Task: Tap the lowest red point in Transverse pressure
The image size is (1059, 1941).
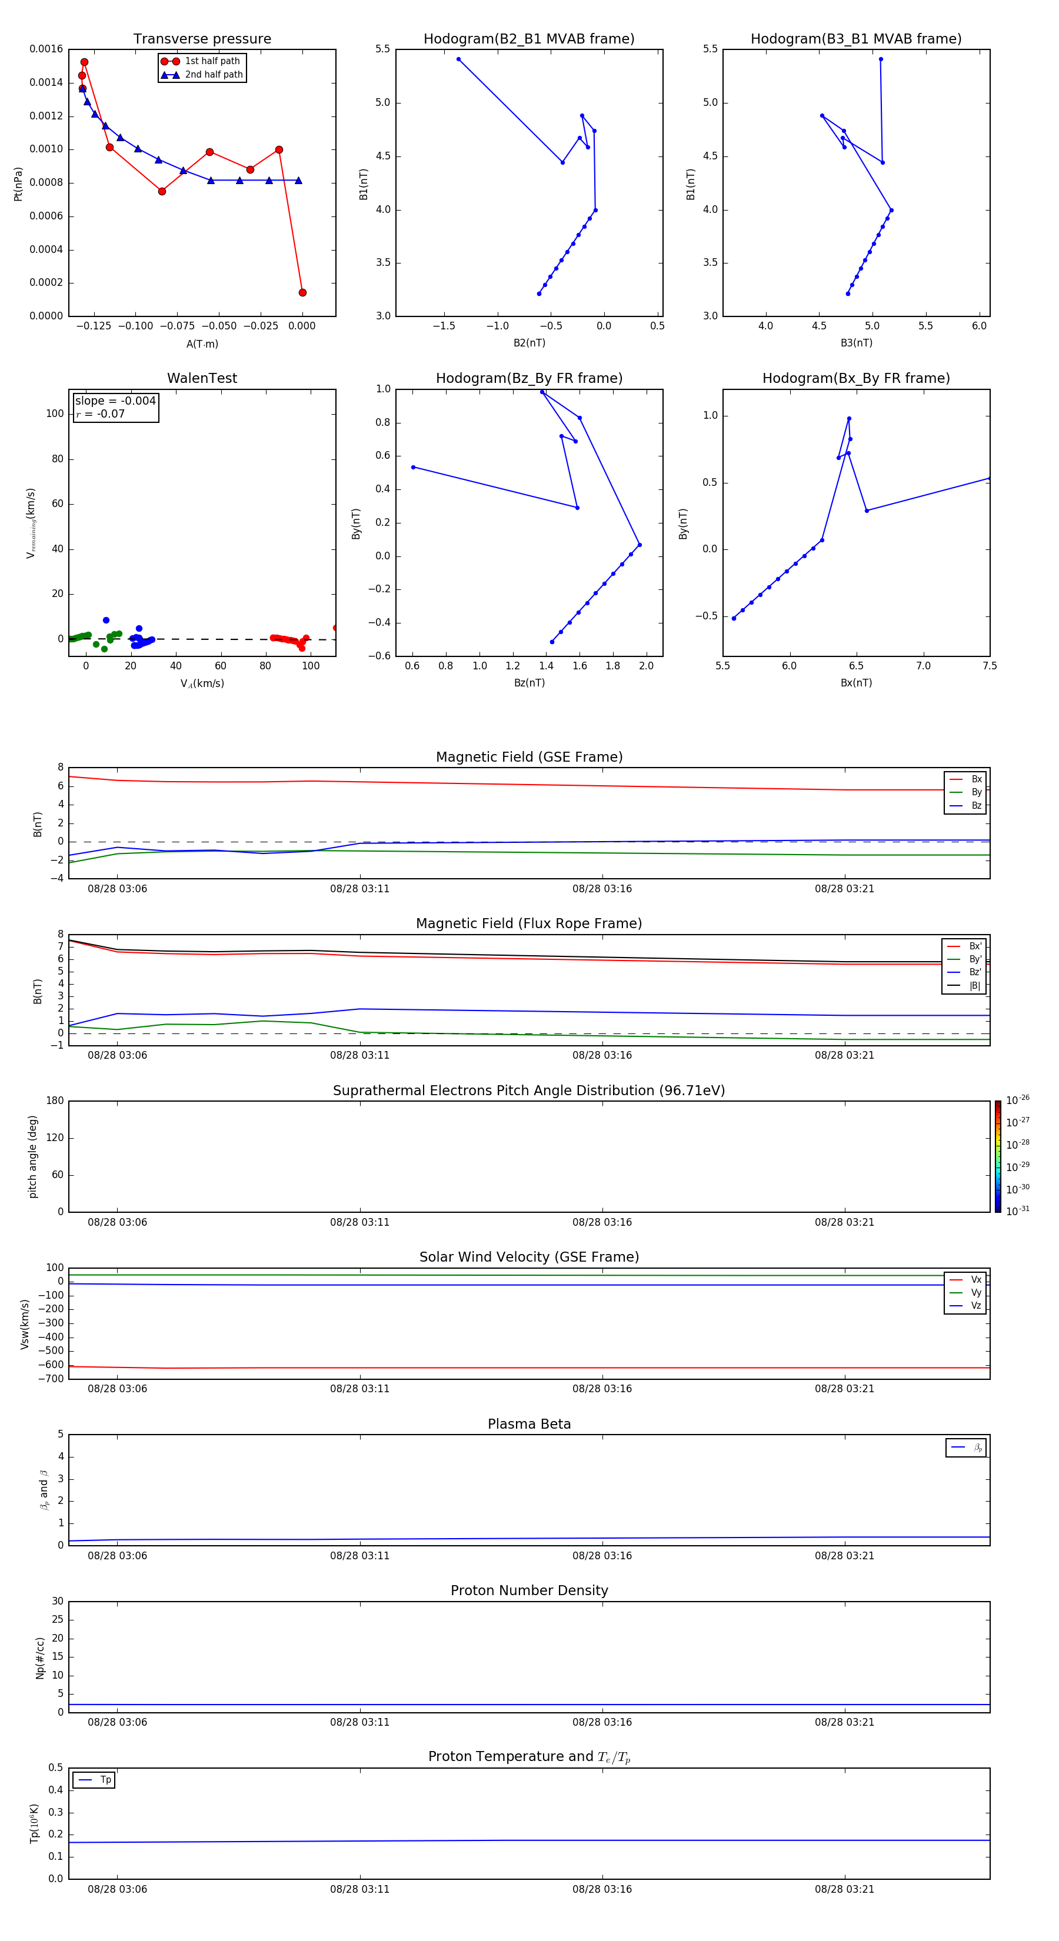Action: tap(302, 292)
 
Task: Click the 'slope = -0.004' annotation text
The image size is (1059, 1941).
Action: tap(115, 401)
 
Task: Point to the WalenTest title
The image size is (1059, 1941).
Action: tap(202, 378)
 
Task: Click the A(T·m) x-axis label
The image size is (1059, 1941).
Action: tap(202, 343)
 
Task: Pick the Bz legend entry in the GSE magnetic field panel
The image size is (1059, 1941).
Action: tap(975, 805)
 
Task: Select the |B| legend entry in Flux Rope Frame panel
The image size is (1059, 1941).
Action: tap(974, 986)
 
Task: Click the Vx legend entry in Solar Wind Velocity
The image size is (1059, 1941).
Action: tap(975, 1279)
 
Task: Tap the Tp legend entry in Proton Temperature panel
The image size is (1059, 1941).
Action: tap(105, 1780)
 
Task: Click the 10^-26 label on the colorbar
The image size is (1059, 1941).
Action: tap(1018, 1100)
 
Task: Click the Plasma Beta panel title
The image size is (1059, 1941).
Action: tap(529, 1424)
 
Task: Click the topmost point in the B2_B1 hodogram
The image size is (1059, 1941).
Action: tap(458, 59)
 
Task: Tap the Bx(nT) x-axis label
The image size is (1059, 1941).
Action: tap(856, 683)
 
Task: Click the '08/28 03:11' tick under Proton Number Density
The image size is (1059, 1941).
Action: tap(359, 1722)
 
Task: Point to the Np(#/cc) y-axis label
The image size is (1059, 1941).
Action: tap(40, 1657)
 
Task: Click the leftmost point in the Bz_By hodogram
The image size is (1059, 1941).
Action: tap(413, 467)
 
